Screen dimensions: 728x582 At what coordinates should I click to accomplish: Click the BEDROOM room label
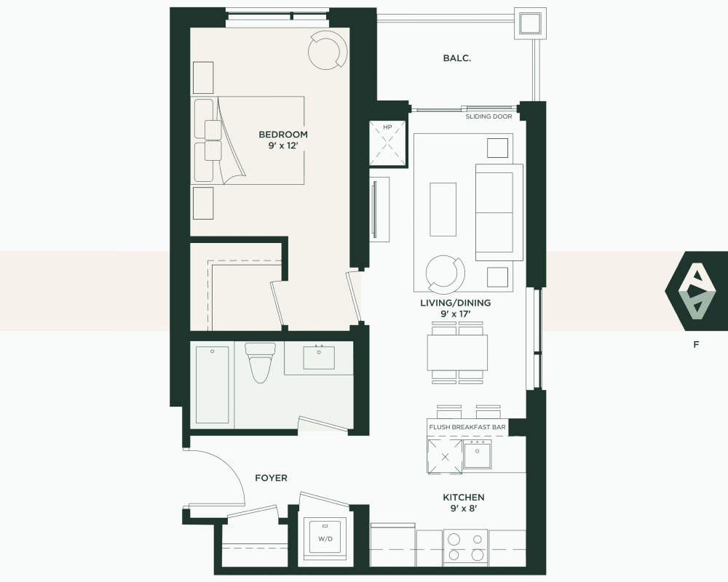click(282, 135)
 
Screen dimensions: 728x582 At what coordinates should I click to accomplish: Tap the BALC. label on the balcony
click(457, 58)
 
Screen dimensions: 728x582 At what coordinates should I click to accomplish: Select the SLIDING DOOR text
click(489, 116)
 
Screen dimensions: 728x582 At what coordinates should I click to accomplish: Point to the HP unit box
click(388, 143)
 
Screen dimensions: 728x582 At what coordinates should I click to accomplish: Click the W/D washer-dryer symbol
click(325, 539)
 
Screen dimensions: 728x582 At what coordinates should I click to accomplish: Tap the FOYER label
click(271, 477)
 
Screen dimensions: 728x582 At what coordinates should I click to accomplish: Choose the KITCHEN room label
click(463, 497)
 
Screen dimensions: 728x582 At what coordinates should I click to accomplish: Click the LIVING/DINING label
click(456, 303)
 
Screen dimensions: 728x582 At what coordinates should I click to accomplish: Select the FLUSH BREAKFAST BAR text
click(467, 427)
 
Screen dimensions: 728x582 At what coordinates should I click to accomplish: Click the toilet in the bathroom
click(260, 362)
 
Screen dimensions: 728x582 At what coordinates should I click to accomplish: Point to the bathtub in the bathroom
click(212, 384)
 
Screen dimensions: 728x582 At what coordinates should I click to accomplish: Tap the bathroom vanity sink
click(319, 357)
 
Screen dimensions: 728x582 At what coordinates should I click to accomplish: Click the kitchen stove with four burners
click(465, 547)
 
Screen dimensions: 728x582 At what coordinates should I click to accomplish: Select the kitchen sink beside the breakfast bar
click(478, 454)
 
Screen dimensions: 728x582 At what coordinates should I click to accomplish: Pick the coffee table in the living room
click(443, 209)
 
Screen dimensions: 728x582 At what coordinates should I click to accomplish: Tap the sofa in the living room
click(499, 212)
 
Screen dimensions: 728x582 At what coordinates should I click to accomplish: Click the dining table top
click(457, 352)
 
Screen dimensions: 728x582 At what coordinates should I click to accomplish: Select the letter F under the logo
click(696, 344)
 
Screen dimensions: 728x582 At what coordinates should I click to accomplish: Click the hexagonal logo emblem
click(696, 292)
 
